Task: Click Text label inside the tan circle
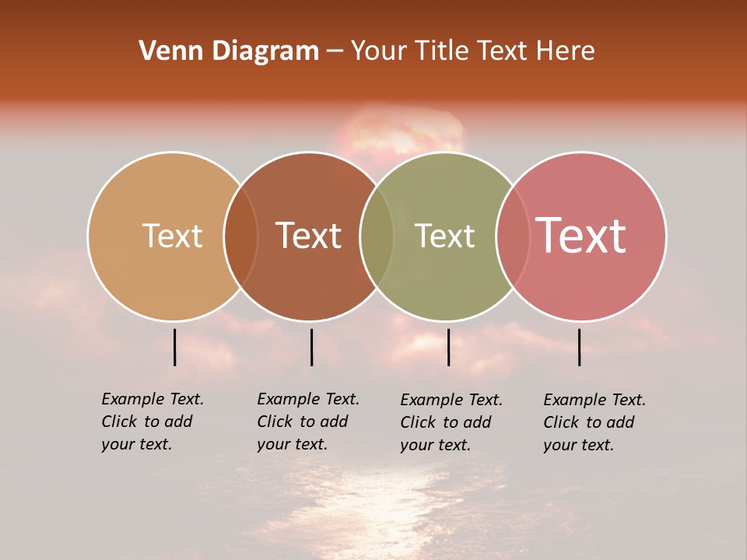[172, 236]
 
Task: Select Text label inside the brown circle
[308, 236]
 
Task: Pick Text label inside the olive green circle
[444, 236]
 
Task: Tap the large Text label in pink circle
[580, 235]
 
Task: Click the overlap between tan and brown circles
[240, 236]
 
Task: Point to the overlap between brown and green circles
[377, 236]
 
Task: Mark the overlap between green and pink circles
[513, 236]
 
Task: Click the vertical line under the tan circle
[175, 347]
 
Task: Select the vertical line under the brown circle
[311, 347]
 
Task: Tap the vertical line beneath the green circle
[448, 347]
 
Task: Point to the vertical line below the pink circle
[580, 347]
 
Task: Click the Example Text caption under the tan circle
[152, 422]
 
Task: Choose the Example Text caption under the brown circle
[307, 422]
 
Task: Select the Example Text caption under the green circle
[451, 422]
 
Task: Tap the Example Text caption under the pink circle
[594, 422]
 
